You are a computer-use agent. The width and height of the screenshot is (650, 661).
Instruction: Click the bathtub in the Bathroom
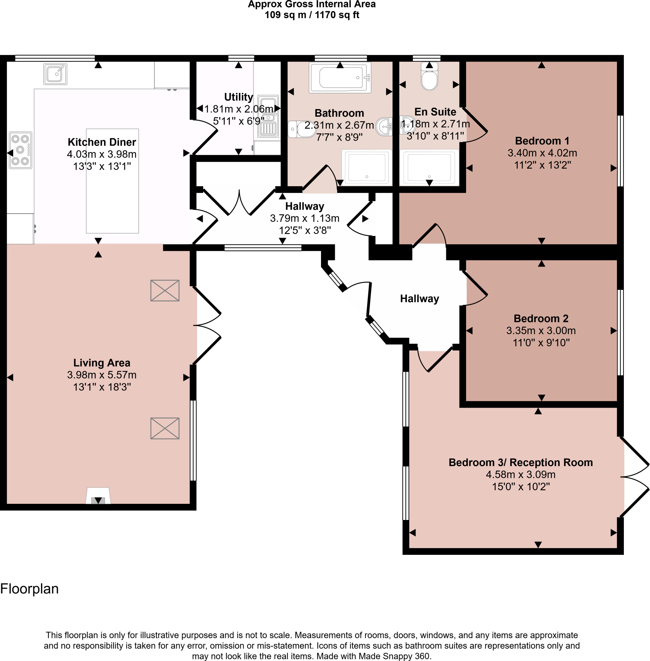340,77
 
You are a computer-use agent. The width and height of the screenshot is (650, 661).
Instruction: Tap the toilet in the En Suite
429,77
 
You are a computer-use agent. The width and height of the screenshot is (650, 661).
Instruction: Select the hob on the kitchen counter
20,150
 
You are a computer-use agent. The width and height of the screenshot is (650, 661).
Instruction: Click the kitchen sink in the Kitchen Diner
55,74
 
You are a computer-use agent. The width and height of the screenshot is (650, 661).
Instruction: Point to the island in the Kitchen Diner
112,181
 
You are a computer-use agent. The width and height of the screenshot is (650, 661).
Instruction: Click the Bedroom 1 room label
542,141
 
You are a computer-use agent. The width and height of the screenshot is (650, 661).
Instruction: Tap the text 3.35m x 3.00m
541,330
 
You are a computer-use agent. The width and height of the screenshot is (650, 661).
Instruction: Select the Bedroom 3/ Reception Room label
520,462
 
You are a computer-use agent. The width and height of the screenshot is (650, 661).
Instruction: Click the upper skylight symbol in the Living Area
165,290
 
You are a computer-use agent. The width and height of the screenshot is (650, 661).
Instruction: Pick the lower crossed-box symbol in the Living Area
165,428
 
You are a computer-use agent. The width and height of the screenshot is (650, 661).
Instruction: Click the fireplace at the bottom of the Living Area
98,496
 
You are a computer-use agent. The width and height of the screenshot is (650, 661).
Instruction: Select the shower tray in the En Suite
429,168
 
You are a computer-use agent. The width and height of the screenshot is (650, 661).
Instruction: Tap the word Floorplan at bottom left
29,589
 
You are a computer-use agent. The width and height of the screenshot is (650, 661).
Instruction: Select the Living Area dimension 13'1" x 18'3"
102,387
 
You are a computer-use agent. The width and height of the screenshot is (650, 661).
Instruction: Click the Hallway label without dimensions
419,299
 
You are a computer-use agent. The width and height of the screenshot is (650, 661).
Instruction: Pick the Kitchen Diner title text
102,142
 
